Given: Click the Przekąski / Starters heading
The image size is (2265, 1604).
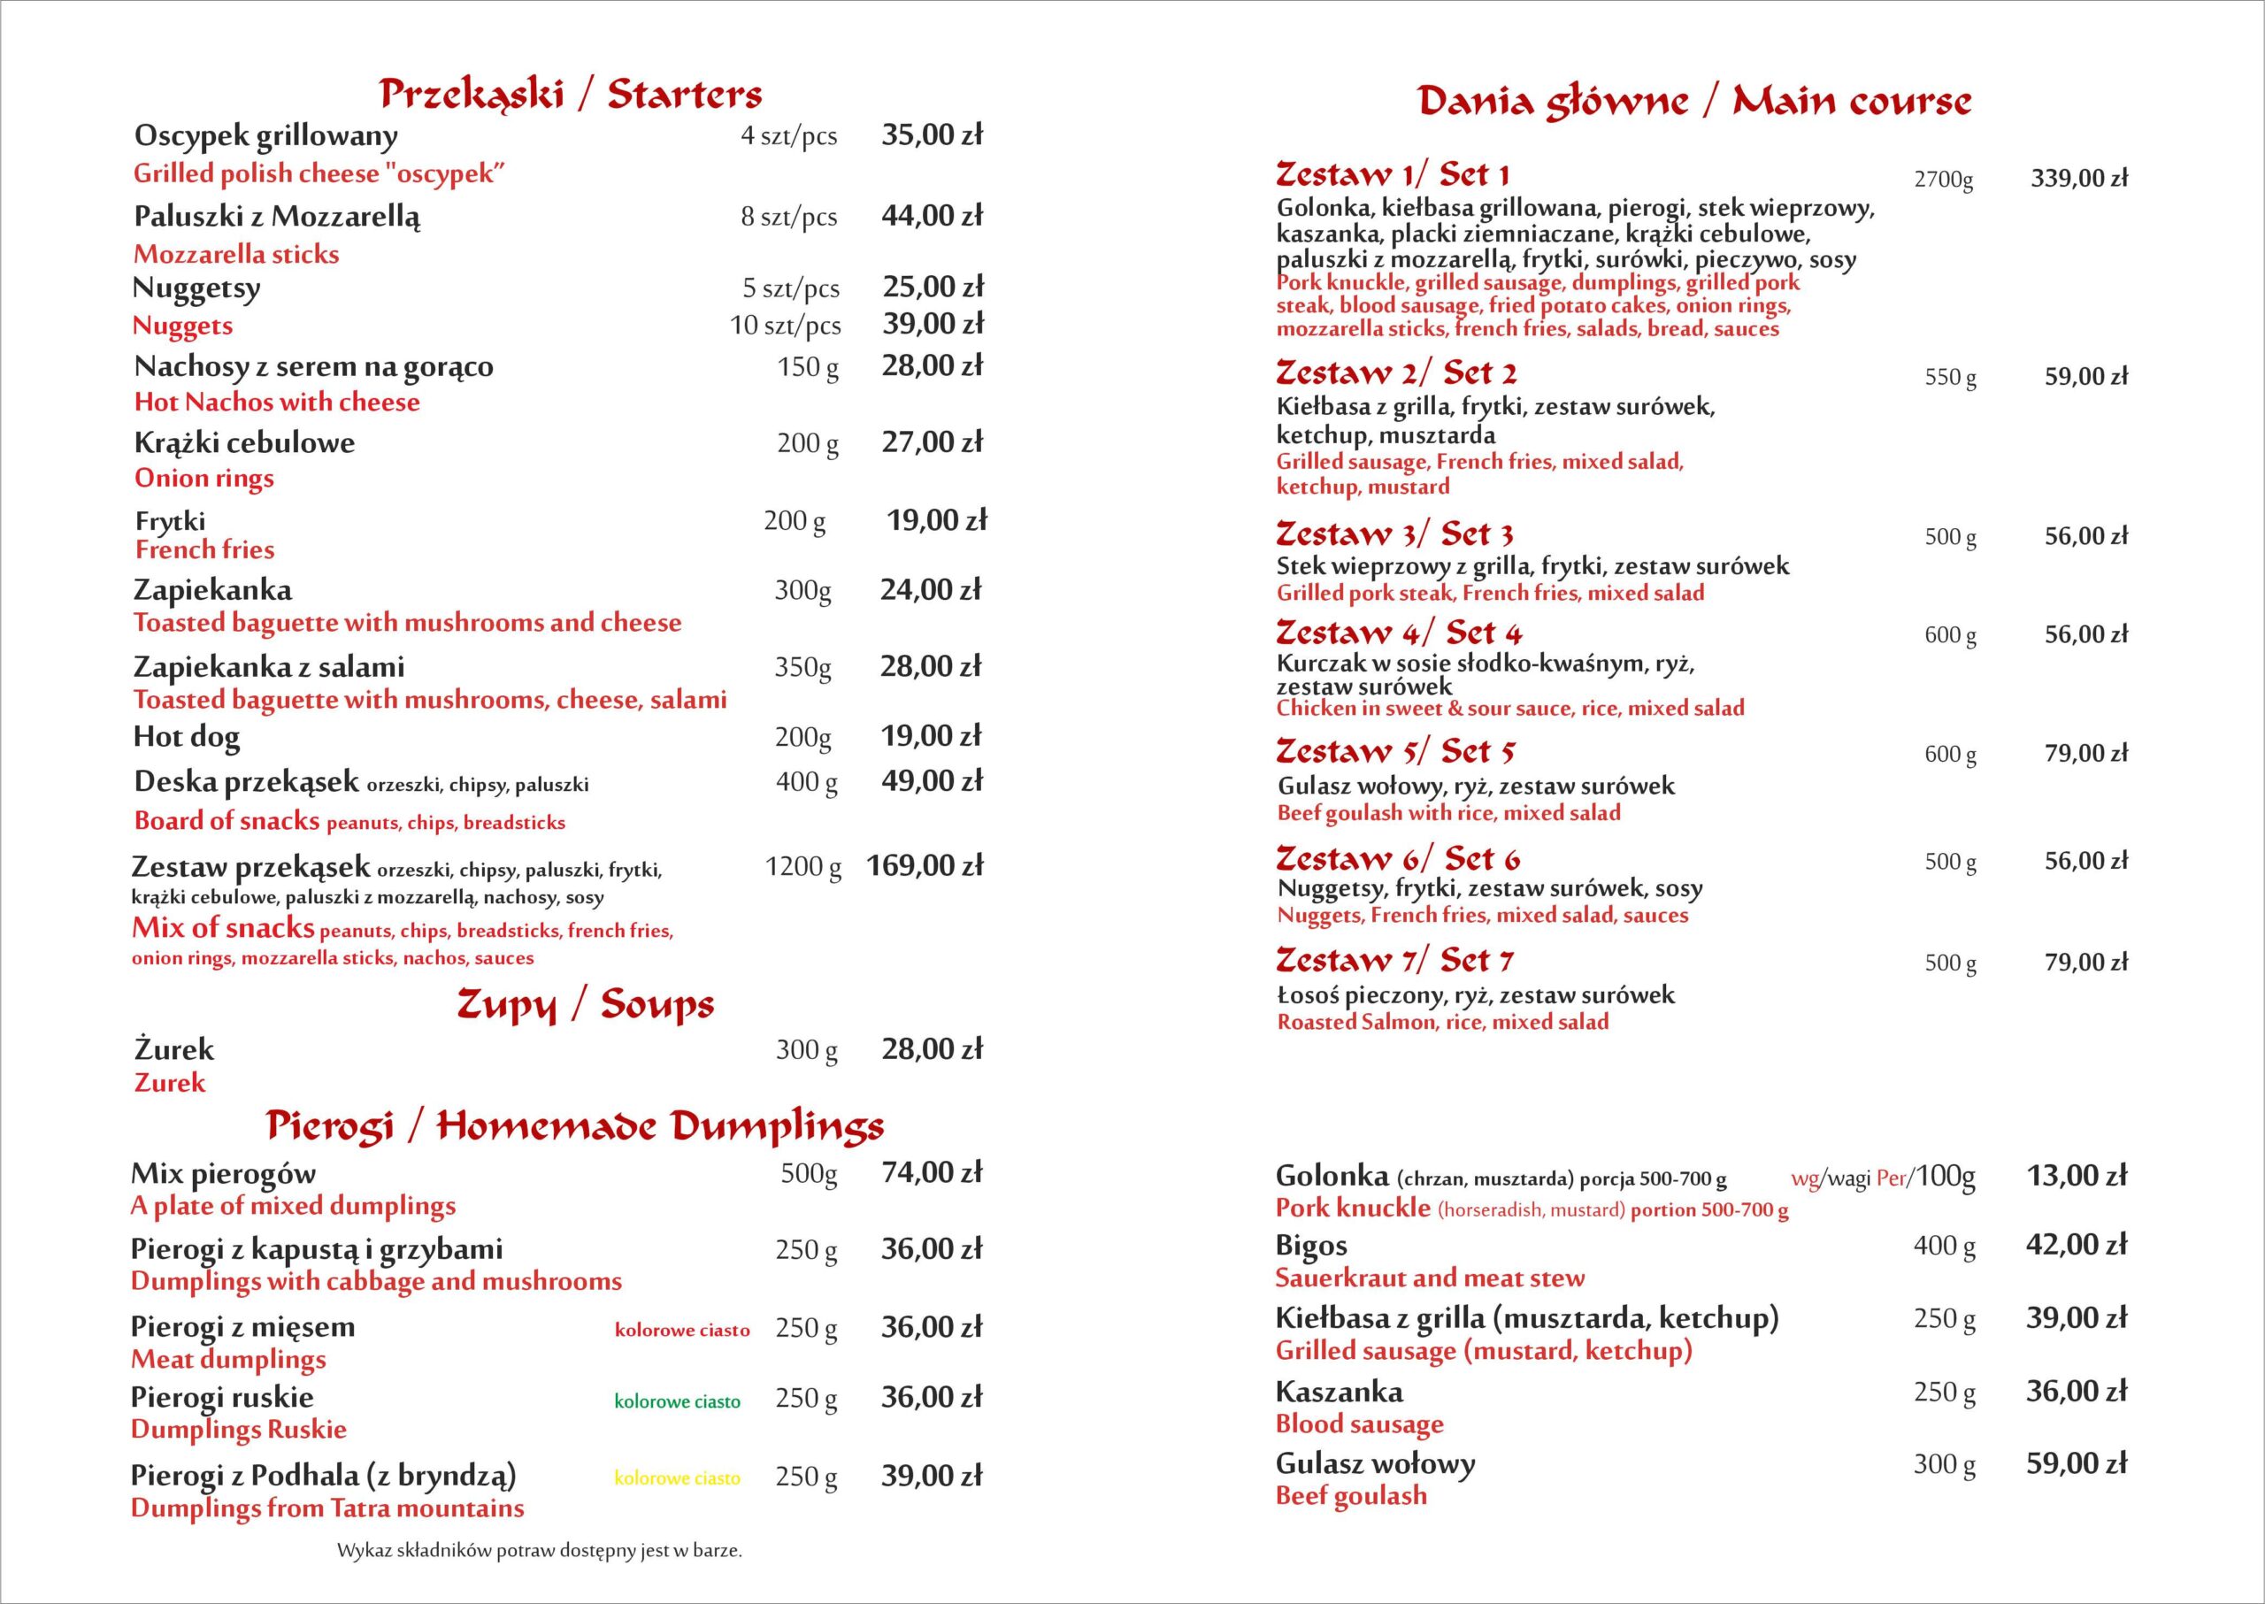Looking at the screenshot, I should pyautogui.click(x=570, y=94).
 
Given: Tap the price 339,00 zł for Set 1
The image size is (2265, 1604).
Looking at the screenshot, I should pyautogui.click(x=2078, y=179).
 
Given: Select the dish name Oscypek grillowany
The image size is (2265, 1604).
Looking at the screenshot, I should pyautogui.click(x=265, y=136).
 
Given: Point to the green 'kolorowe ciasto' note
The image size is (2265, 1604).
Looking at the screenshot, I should pyautogui.click(x=677, y=1401).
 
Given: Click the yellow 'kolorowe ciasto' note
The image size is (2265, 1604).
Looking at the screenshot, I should pyautogui.click(x=677, y=1478).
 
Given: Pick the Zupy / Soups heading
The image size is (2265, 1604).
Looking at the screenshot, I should pyautogui.click(x=585, y=1004).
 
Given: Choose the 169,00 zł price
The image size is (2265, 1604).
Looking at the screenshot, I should pyautogui.click(x=925, y=866).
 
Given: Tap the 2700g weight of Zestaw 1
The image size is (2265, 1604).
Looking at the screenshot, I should pyautogui.click(x=1943, y=180).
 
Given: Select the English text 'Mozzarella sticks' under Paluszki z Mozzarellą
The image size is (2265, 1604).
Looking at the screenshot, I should pyautogui.click(x=236, y=255).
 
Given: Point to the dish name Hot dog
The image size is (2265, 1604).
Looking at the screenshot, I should pyautogui.click(x=187, y=737).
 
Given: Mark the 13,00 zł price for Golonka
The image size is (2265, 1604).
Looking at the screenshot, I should pyautogui.click(x=2077, y=1175).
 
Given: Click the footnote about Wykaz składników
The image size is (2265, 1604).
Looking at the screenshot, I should pyautogui.click(x=540, y=1551).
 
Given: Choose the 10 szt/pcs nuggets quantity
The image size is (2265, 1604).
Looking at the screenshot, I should pyautogui.click(x=786, y=325).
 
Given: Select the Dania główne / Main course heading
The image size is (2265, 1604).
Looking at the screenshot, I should pyautogui.click(x=1694, y=102).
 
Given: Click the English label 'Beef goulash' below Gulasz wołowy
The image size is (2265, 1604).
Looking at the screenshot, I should pyautogui.click(x=1350, y=1495).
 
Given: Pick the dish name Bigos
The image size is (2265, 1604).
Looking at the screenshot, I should pyautogui.click(x=1311, y=1246).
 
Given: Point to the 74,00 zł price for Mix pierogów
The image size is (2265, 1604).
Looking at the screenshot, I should pyautogui.click(x=932, y=1173).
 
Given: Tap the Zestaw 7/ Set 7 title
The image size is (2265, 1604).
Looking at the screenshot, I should pyautogui.click(x=1394, y=960).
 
